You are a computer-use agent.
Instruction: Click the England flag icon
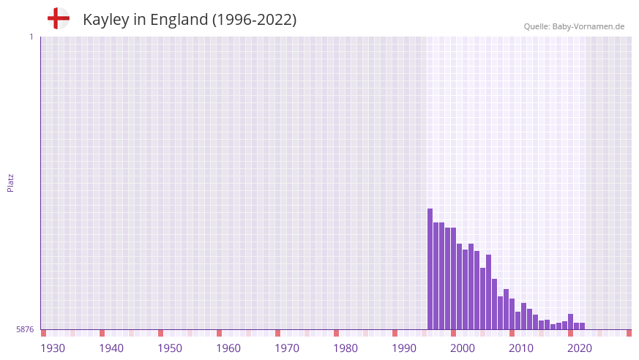coord(59,18)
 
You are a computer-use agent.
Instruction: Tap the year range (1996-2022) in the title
coord(254,20)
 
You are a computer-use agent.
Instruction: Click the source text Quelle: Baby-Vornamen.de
coord(574,26)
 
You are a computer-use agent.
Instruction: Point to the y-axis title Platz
coord(10,182)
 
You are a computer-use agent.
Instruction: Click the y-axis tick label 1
coord(31,37)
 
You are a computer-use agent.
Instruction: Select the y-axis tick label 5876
coord(25,330)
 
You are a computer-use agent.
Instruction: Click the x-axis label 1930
coord(53,348)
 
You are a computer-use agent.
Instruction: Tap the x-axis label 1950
coord(170,348)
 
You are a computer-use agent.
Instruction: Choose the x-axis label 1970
coord(287,348)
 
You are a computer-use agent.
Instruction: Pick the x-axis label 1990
coord(404,348)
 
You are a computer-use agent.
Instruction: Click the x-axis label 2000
coord(463,348)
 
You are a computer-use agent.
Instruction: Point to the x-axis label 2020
coord(580,348)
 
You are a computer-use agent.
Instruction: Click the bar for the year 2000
coord(454,279)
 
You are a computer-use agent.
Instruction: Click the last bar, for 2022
coord(583,326)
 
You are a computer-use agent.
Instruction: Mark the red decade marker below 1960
coord(219,333)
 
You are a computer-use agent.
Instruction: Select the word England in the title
coord(179,20)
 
